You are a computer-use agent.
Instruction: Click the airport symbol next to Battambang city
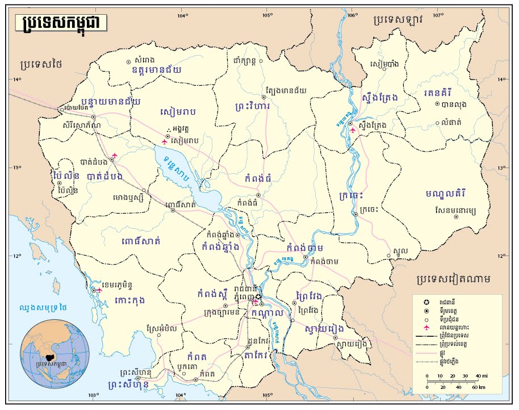(115, 155)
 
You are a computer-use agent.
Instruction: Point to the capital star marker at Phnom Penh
(259, 297)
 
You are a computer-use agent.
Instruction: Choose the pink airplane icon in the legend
(426, 328)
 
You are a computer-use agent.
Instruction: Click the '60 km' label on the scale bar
(478, 387)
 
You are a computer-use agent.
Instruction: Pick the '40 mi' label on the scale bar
(479, 376)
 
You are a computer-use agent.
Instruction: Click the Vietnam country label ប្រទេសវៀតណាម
(453, 279)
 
